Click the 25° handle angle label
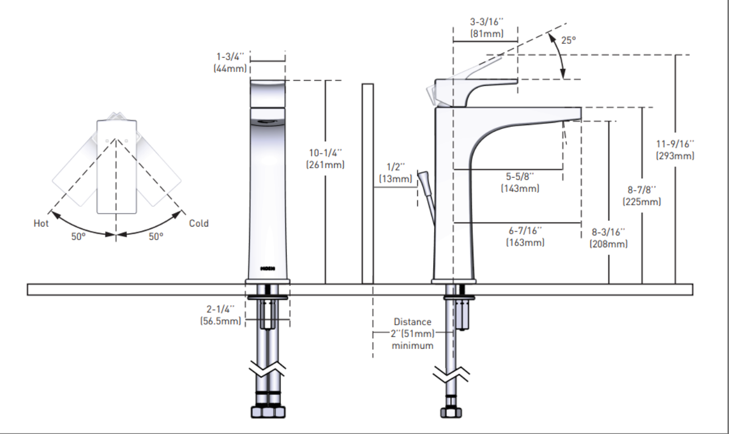point(569,40)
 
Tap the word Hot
point(41,223)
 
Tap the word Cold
point(199,223)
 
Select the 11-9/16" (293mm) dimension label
point(675,150)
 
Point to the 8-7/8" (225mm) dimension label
point(642,196)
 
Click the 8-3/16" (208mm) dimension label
point(608,238)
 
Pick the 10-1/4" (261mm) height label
point(325,159)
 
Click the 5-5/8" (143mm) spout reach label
point(520,182)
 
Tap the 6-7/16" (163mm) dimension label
point(525,237)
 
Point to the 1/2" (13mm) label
point(394,173)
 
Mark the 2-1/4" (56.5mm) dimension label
point(220,315)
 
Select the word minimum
point(412,345)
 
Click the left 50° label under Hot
point(79,236)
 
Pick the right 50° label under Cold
point(156,236)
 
